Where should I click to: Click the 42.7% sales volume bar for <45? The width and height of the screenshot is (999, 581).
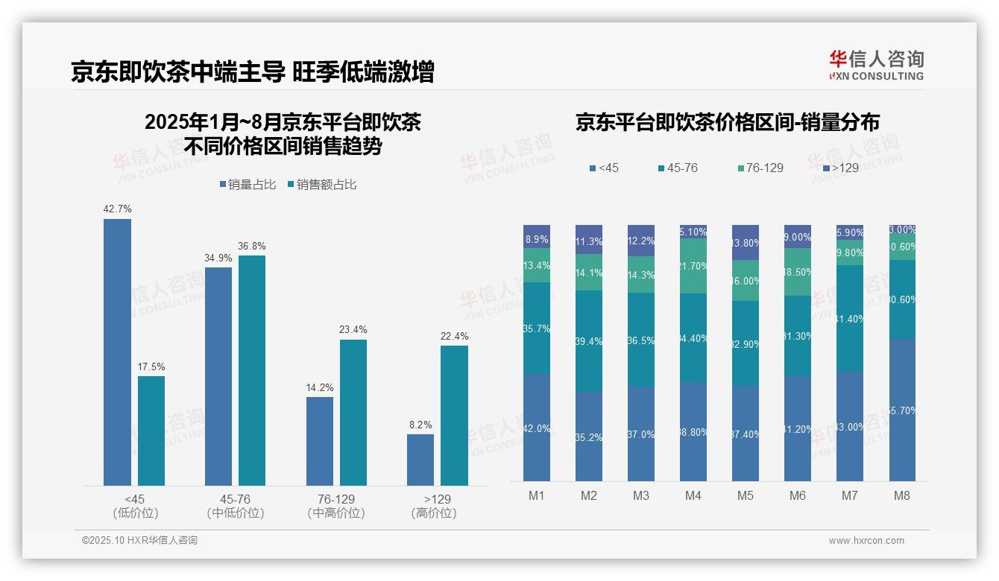tap(117, 352)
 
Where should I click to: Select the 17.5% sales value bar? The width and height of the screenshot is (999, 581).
tap(151, 431)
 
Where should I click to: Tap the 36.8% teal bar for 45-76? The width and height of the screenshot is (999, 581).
tap(252, 370)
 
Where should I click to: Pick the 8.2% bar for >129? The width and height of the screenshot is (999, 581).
tap(420, 460)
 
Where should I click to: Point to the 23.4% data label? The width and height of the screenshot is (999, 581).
tap(353, 329)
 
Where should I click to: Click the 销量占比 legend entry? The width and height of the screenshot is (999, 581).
tap(250, 185)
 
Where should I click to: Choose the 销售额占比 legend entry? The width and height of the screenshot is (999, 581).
tap(321, 185)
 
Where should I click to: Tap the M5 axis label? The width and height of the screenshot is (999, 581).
tap(746, 495)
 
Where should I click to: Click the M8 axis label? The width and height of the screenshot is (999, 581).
tap(901, 495)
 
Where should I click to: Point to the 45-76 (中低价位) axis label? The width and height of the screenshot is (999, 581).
tap(236, 506)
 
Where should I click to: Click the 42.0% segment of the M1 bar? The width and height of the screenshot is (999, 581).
tap(537, 428)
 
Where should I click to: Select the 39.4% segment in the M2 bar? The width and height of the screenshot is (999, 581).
tap(589, 341)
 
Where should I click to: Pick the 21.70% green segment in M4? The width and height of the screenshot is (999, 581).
tap(693, 266)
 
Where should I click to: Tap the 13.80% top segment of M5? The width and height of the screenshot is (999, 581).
tap(746, 242)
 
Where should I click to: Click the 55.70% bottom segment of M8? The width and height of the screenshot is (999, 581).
tap(901, 410)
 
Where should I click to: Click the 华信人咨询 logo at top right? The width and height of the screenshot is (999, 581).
tap(876, 66)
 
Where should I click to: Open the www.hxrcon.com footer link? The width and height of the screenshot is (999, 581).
tap(866, 541)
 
